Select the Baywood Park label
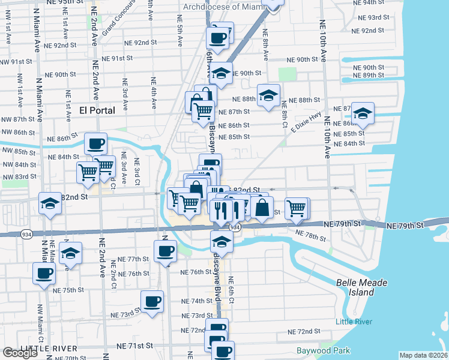coord(323,350)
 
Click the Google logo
coord(20,353)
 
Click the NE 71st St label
coord(135,346)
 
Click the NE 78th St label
coord(311,235)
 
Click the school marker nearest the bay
coord(363,112)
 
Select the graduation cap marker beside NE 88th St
coord(268,95)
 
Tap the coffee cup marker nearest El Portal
coord(95,143)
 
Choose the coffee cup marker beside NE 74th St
coord(152,300)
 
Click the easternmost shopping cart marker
coord(297,208)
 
